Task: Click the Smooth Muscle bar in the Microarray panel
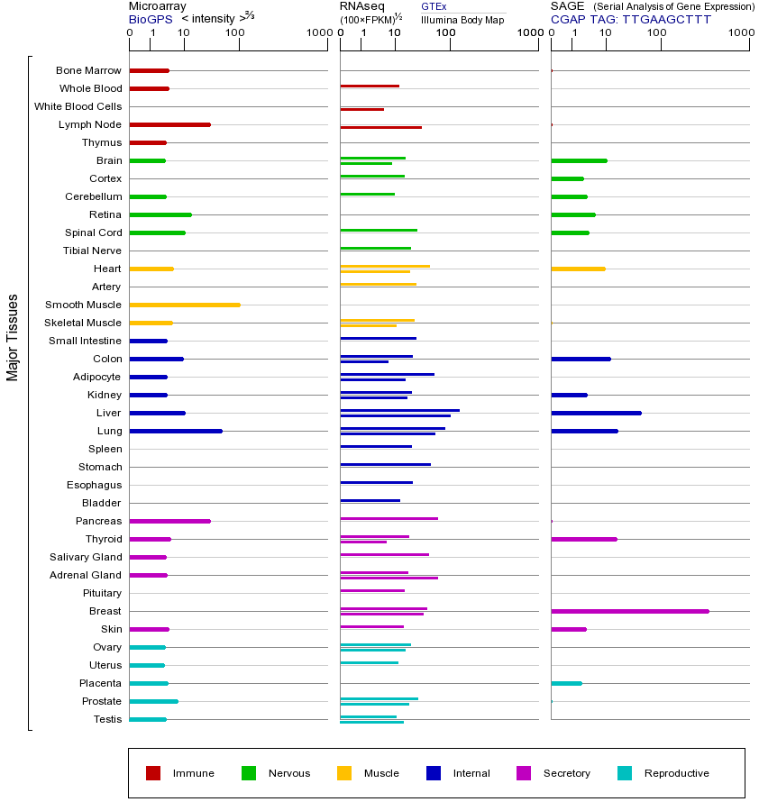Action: tap(185, 305)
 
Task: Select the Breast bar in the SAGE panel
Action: tap(630, 611)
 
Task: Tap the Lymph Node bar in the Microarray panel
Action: tap(169, 124)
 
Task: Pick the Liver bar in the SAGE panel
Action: tap(597, 414)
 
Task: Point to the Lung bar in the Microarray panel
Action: tap(176, 432)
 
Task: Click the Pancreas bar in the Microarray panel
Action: tap(169, 522)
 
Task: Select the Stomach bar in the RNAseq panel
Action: tap(386, 464)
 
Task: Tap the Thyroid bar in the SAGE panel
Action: tap(584, 540)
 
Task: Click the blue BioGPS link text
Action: tap(151, 20)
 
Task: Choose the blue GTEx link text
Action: tap(434, 6)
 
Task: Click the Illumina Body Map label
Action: tap(462, 20)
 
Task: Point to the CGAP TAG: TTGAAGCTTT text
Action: tap(631, 20)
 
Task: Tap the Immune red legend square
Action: tap(153, 773)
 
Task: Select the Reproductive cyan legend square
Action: tap(625, 773)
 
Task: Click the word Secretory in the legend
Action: tap(566, 773)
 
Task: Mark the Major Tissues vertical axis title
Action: tap(13, 338)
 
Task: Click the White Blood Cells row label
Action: tap(78, 106)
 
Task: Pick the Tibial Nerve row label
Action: tap(92, 251)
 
